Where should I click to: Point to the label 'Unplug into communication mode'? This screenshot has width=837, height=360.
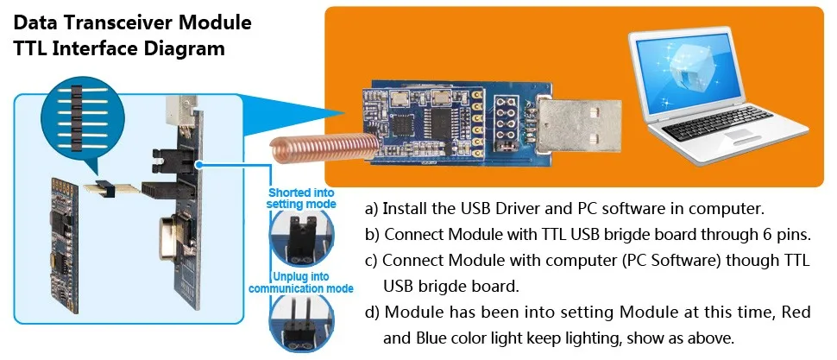pyautogui.click(x=300, y=282)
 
